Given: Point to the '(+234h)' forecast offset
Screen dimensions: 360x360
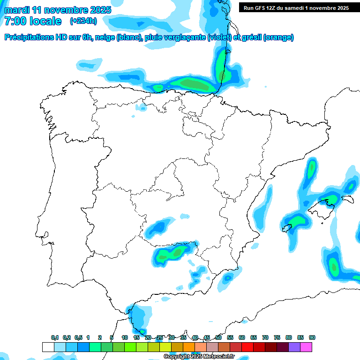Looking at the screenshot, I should click(83, 21).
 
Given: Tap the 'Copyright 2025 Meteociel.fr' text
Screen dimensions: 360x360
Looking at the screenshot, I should click(199, 357).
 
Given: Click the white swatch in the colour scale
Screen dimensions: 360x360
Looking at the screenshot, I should click(48, 347).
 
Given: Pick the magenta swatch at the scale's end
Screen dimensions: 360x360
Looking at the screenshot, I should click(306, 347).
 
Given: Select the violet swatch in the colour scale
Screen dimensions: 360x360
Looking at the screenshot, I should click(294, 347).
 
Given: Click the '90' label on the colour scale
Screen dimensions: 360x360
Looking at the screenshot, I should click(312, 337).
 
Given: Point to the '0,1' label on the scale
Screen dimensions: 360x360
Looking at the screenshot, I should click(55, 337).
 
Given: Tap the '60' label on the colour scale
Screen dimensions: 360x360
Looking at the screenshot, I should click(242, 337).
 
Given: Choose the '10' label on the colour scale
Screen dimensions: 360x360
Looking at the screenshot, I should click(125, 337).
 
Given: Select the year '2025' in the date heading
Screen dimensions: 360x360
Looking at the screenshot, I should click(100, 10).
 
